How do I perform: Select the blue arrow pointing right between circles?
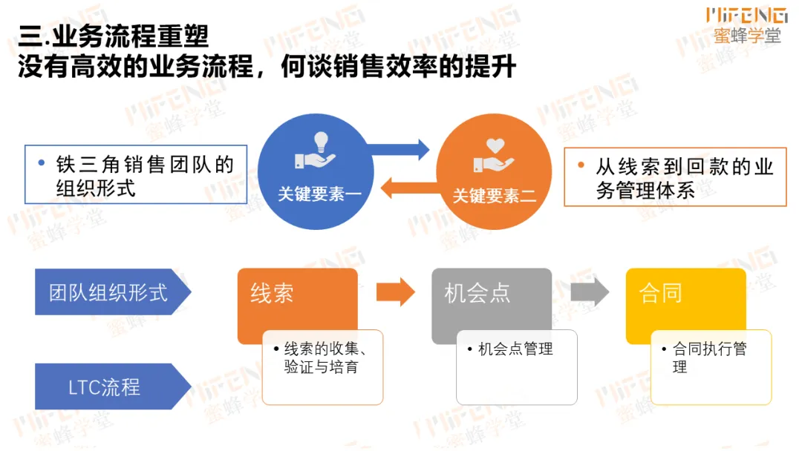click(x=401, y=148)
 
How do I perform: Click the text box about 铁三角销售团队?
click(x=136, y=174)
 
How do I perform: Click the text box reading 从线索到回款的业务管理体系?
click(x=675, y=178)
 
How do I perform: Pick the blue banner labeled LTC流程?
click(x=105, y=386)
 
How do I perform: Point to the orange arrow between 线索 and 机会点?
click(x=395, y=292)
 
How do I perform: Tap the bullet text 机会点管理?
click(x=515, y=349)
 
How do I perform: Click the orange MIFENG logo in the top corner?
click(x=746, y=14)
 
